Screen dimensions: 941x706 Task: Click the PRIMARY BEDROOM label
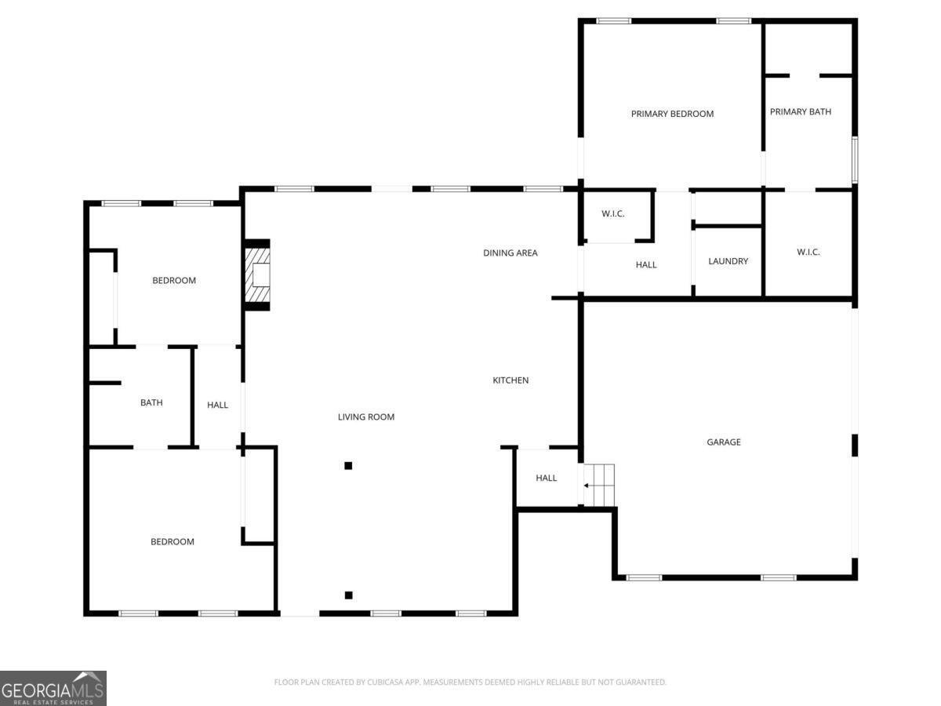672,114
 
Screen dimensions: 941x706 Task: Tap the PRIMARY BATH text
800,111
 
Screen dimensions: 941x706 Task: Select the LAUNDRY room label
728,260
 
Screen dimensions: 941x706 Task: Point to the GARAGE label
724,442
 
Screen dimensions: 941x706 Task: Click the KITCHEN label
510,380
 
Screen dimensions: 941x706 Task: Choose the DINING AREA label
510,253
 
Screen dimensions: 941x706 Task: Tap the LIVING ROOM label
365,417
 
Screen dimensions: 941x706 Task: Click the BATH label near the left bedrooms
151,402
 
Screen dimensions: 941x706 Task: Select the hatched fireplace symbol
257,275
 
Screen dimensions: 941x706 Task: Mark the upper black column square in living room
348,465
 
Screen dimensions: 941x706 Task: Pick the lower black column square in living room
348,595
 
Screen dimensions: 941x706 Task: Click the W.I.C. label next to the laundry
808,252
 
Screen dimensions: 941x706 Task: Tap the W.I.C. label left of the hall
612,213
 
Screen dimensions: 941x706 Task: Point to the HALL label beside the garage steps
546,478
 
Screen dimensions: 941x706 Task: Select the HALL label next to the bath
217,405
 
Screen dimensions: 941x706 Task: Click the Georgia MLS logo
53,688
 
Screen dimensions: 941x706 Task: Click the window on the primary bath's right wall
855,159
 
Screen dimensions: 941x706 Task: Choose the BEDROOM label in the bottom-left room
172,541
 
